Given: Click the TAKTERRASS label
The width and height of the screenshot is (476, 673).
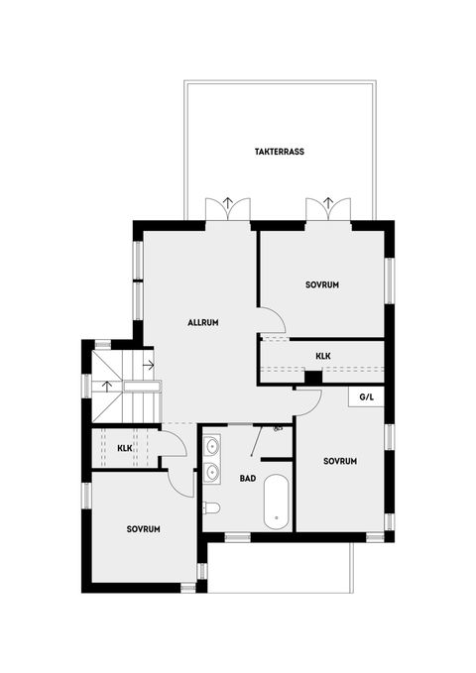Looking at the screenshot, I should [x=279, y=153].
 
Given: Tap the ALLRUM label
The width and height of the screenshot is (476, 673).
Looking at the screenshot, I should [x=202, y=323].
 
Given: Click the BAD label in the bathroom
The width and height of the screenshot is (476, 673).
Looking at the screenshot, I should [x=248, y=478].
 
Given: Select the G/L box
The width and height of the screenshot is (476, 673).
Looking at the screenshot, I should [x=367, y=396].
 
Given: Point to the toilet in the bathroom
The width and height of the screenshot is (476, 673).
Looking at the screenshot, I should [x=210, y=508].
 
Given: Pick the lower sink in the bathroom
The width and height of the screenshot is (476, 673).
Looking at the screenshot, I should [x=212, y=473].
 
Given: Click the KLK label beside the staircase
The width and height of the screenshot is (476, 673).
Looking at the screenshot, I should [x=125, y=449].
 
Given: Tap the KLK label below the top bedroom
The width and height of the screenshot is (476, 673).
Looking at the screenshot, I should [x=323, y=355].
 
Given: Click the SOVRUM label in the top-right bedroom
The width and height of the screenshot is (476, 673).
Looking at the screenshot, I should [x=322, y=284].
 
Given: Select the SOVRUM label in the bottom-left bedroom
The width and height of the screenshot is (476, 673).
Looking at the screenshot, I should [x=143, y=529].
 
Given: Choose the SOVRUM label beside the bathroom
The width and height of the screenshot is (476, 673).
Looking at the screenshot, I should [x=340, y=461].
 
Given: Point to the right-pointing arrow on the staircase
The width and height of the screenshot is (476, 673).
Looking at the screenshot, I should [x=147, y=365].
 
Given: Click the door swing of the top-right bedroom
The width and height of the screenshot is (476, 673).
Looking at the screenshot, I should [x=272, y=319].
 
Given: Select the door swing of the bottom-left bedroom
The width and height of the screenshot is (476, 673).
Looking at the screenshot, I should [x=180, y=483].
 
